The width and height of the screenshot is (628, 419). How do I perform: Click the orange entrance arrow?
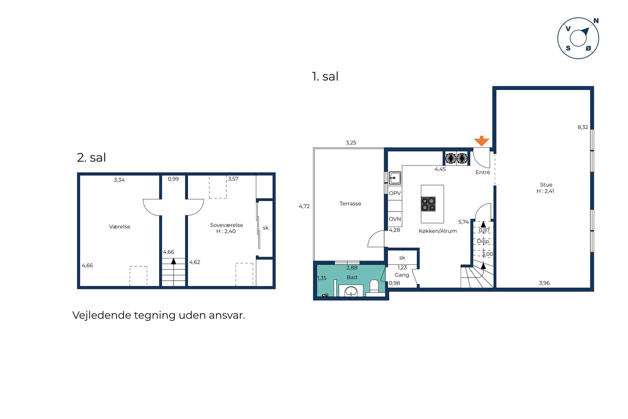point(481,141)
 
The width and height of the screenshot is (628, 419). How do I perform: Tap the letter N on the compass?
point(596,21)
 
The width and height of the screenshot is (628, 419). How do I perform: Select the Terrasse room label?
point(350,204)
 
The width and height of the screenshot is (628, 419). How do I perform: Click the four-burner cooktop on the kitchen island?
point(428,204)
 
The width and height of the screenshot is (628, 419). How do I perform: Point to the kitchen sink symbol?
point(395,178)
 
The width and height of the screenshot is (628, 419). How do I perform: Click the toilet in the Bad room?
point(374,286)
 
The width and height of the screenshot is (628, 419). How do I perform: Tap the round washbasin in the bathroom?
point(351,291)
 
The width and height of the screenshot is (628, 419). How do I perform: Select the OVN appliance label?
point(395,219)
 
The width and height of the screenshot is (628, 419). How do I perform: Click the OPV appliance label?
point(395,193)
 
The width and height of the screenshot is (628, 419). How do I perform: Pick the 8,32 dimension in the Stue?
point(582,127)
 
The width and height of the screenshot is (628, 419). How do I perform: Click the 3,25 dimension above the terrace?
point(351,143)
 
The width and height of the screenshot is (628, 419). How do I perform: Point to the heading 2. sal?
point(91,157)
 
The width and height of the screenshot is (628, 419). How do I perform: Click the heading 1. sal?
point(325,76)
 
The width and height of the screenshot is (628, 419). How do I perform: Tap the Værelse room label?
point(119,227)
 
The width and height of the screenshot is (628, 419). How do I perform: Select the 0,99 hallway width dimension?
point(173,179)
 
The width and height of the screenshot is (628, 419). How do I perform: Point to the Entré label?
point(483,172)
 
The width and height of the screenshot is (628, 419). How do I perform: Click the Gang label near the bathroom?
point(402,275)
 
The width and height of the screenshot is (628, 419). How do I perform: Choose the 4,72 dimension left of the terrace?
point(304,206)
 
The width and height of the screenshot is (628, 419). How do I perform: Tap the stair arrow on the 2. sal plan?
point(173,261)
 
